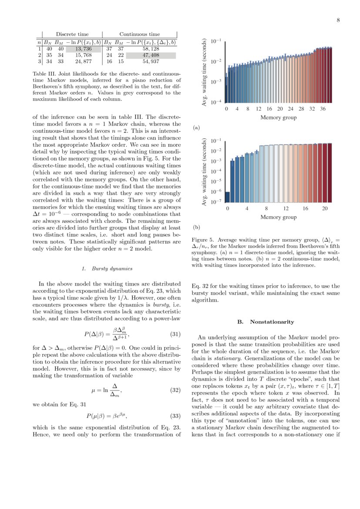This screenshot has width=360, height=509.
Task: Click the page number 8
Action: (338, 20)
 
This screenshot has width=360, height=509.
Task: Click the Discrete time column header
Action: (72, 34)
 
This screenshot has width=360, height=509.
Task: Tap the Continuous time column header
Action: (139, 34)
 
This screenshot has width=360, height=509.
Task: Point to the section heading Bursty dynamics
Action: (107, 269)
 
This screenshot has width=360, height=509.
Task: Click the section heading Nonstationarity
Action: (266, 322)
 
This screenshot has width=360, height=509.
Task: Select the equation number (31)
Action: (174, 334)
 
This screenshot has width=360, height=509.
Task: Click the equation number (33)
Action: (174, 415)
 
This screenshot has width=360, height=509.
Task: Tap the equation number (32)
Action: (174, 390)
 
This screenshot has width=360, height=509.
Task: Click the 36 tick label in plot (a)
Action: (323, 109)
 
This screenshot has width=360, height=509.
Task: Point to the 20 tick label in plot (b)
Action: (325, 209)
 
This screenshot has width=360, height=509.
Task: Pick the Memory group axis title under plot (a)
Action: (278, 118)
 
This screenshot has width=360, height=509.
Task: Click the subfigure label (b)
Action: (196, 227)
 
